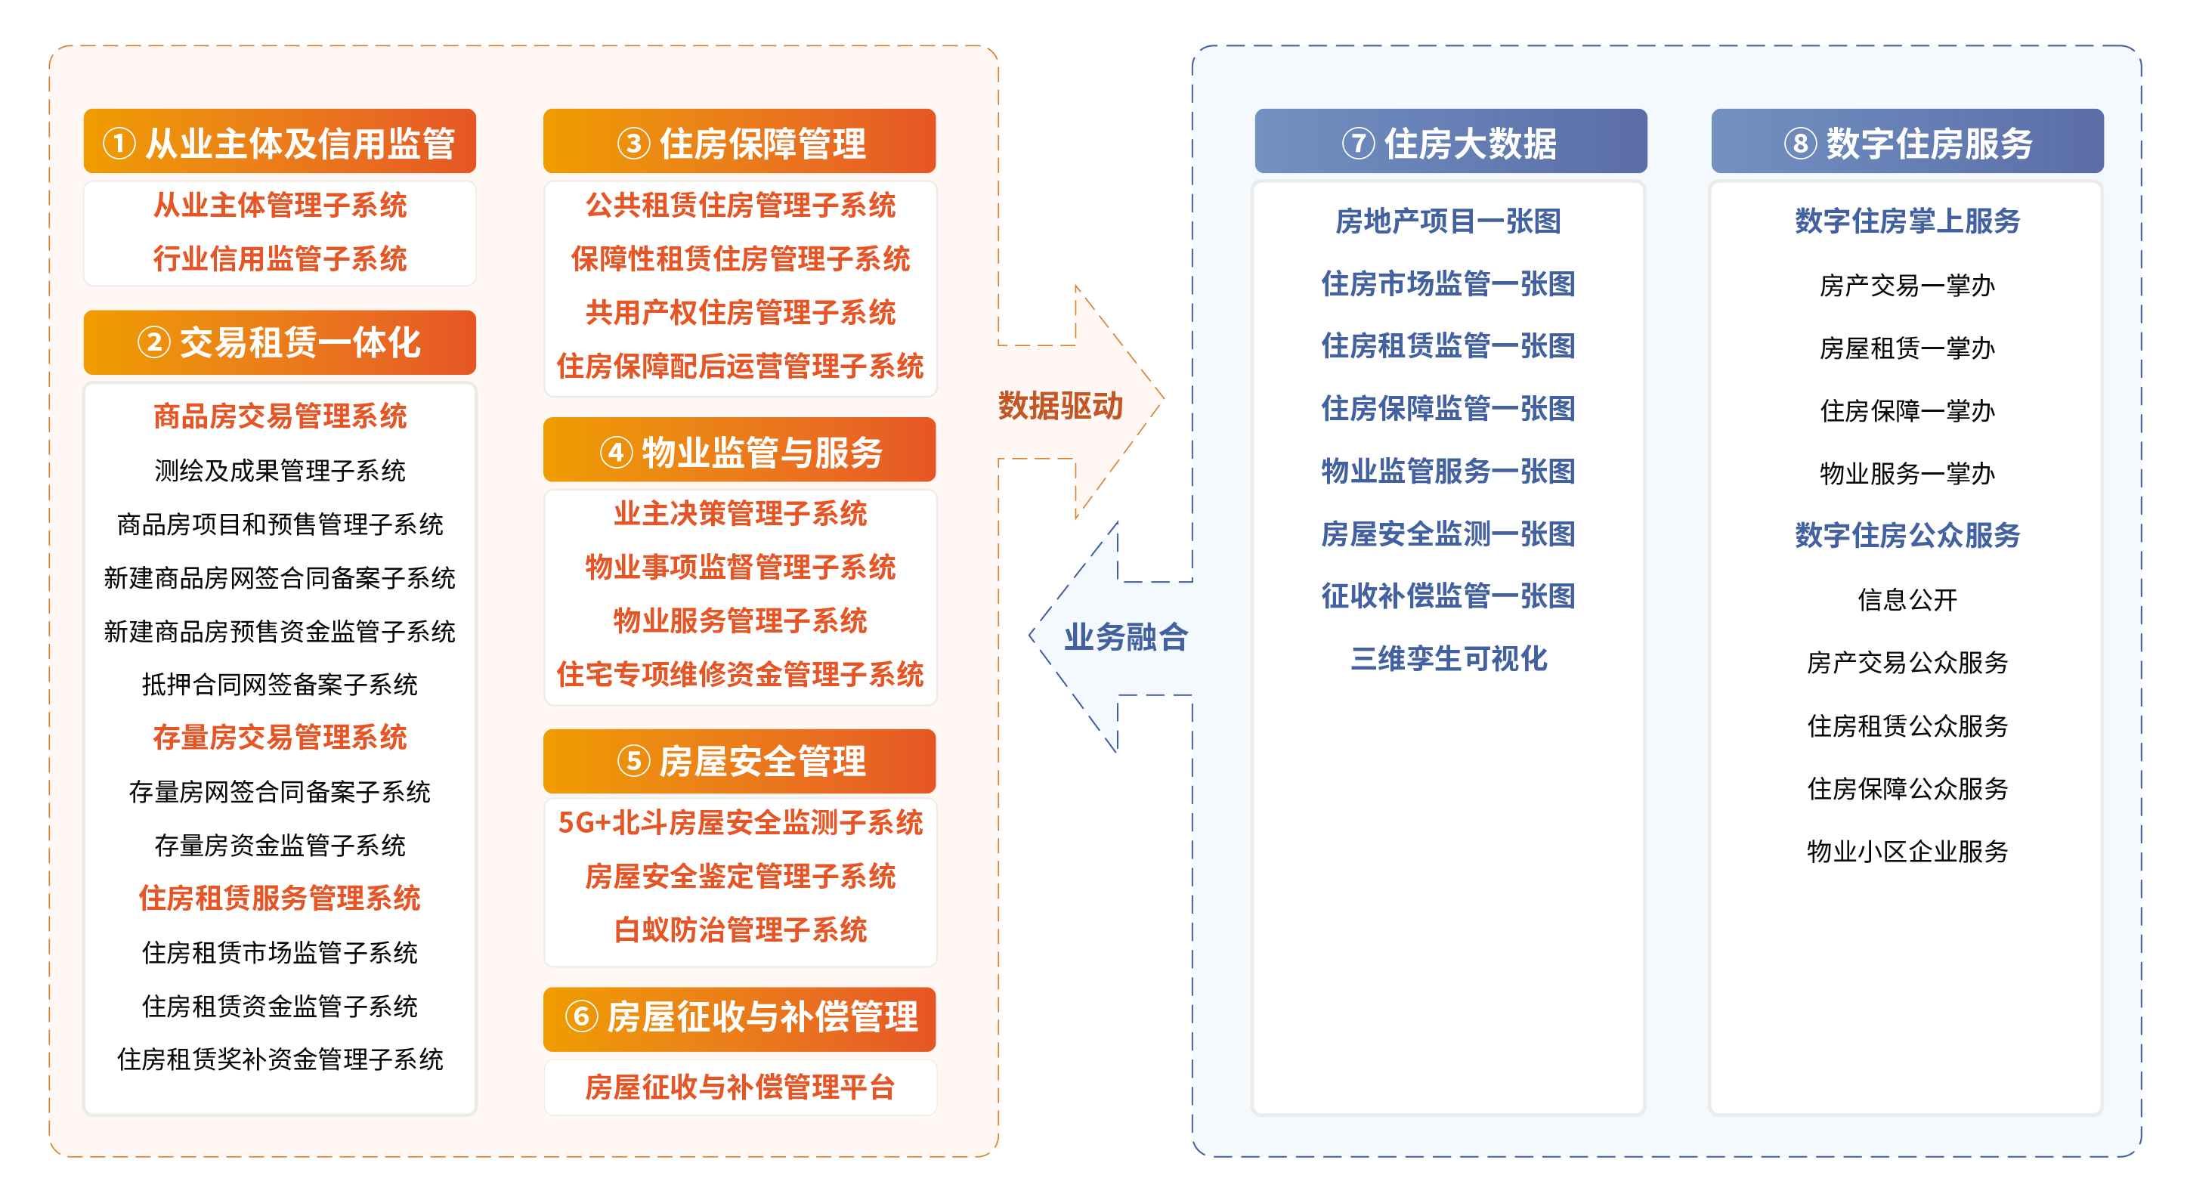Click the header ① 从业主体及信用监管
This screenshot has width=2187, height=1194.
pyautogui.click(x=280, y=142)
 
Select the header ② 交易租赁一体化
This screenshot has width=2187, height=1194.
pyautogui.click(x=280, y=342)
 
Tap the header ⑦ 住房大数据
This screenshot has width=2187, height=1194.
pyautogui.click(x=1450, y=142)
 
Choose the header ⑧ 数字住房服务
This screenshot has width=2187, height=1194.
pyautogui.click(x=1907, y=142)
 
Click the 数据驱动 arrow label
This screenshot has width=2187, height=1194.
pyautogui.click(x=1060, y=405)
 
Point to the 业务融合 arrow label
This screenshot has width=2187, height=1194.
pyautogui.click(x=1126, y=636)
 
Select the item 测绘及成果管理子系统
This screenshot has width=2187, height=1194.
pyautogui.click(x=280, y=471)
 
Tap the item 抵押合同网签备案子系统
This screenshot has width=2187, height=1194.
pyautogui.click(x=280, y=685)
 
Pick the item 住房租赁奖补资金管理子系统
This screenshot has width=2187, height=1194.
pyautogui.click(x=280, y=1059)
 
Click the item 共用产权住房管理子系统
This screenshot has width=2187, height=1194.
pyautogui.click(x=740, y=311)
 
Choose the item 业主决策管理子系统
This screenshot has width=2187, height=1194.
pyautogui.click(x=740, y=513)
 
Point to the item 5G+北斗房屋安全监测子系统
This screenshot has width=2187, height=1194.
pyautogui.click(x=740, y=822)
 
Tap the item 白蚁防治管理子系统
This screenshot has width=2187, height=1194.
pyautogui.click(x=740, y=929)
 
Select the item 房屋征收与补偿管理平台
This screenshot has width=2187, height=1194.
pyautogui.click(x=740, y=1086)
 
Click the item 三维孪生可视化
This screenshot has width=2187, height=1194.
pyautogui.click(x=1449, y=658)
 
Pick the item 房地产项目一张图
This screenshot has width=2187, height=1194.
pyautogui.click(x=1449, y=221)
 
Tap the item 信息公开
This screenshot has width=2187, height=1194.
pyautogui.click(x=1907, y=599)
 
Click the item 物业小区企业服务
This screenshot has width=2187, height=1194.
pyautogui.click(x=1907, y=851)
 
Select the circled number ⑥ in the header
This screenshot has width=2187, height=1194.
pyautogui.click(x=582, y=1016)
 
